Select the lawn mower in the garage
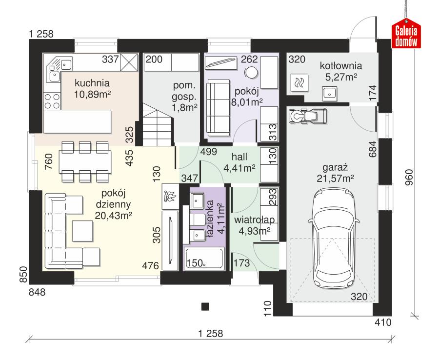click(x=308, y=116)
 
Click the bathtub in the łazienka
click(x=204, y=259)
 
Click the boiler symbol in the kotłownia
click(x=299, y=83)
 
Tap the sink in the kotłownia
click(x=330, y=92)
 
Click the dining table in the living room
click(x=84, y=160)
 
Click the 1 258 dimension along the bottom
click(x=211, y=334)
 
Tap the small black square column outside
click(x=205, y=306)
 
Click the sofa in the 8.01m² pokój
click(x=216, y=108)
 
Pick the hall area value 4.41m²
click(x=240, y=169)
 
